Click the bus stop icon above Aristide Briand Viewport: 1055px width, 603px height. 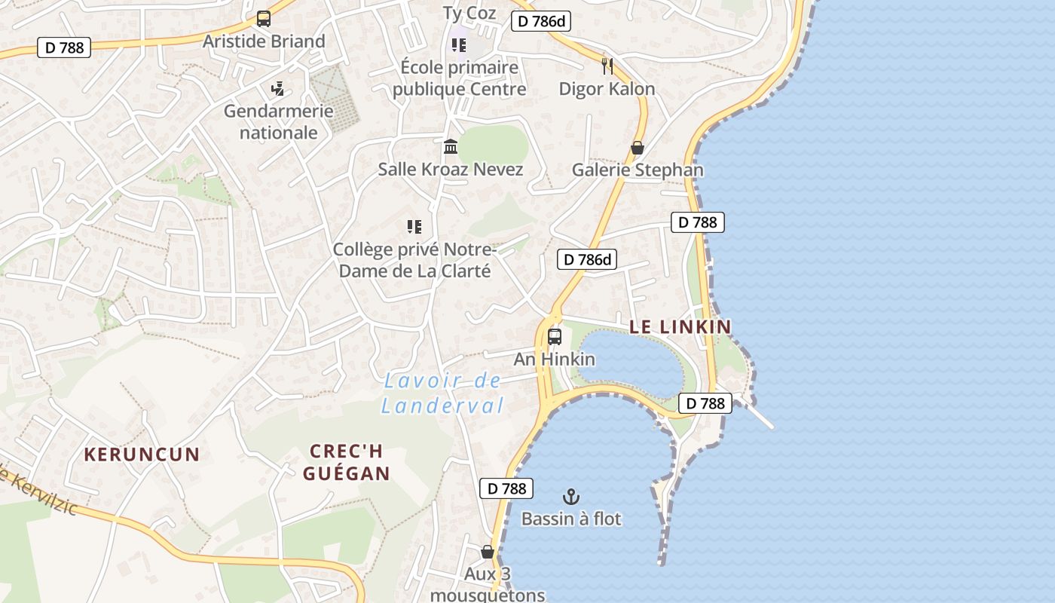click(x=263, y=19)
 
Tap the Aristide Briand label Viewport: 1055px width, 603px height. click(x=264, y=41)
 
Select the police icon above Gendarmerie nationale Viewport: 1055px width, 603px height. click(x=277, y=89)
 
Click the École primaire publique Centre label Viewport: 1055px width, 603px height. click(x=459, y=78)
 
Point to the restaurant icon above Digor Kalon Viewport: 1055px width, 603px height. click(x=607, y=66)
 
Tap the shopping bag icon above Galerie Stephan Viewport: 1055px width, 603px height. click(x=638, y=148)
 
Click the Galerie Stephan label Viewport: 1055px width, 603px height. click(x=638, y=170)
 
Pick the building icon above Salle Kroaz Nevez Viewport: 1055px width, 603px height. click(x=451, y=146)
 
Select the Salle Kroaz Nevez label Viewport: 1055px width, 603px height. click(x=451, y=169)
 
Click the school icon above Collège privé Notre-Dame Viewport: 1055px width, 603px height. click(x=414, y=226)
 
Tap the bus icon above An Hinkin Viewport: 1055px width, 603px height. click(x=555, y=337)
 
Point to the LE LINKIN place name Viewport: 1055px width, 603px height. click(x=680, y=326)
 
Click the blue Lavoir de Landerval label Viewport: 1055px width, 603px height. click(x=442, y=393)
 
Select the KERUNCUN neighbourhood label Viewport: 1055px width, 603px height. click(x=142, y=455)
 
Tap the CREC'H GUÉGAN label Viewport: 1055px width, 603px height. click(x=347, y=462)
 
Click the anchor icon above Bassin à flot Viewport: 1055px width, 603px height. click(x=571, y=497)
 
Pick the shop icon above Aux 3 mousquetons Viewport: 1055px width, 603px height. click(x=488, y=552)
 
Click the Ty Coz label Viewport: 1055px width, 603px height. click(x=469, y=13)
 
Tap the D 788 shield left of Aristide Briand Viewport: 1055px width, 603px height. click(x=64, y=47)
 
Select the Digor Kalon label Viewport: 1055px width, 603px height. click(x=607, y=88)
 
